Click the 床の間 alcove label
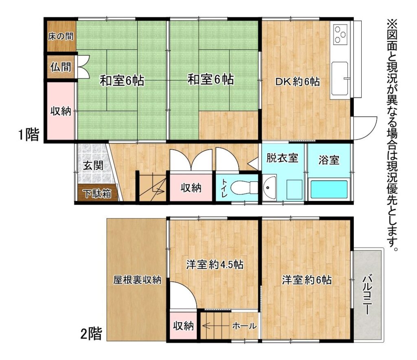(61, 36)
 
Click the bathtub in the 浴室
(329, 189)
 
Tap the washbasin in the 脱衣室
(269, 188)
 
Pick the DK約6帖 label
(297, 82)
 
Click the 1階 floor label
(29, 135)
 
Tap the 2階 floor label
(91, 333)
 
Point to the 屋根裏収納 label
(137, 280)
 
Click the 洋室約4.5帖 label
(215, 265)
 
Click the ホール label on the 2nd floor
(244, 325)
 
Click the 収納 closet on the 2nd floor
(183, 325)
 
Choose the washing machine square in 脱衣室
(294, 189)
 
